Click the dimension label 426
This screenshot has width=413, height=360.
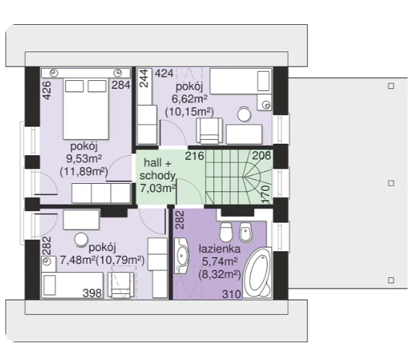(x=46, y=90)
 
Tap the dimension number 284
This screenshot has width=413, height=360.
(x=121, y=85)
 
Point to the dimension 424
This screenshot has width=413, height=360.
(x=164, y=74)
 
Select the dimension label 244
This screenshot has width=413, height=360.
(x=144, y=78)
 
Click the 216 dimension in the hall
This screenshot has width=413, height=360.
(x=195, y=156)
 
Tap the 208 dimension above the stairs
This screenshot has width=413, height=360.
(x=262, y=155)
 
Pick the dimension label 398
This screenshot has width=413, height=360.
(x=92, y=293)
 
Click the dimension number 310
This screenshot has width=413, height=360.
(x=232, y=294)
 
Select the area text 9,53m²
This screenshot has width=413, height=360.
(x=84, y=159)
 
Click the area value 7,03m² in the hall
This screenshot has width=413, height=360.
(x=158, y=188)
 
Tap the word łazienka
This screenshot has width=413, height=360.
(x=220, y=249)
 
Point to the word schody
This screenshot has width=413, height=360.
(x=158, y=176)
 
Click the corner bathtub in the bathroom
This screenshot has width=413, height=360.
(x=257, y=273)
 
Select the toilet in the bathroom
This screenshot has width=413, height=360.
(x=226, y=232)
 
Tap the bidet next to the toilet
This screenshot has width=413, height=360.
(x=246, y=232)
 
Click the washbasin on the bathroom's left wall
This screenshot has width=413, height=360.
(x=182, y=256)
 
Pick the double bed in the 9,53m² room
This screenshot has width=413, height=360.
(x=86, y=109)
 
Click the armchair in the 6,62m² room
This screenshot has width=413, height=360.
(x=209, y=131)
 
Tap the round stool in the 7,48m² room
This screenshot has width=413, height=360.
(x=81, y=240)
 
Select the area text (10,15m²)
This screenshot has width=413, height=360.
(x=190, y=112)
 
